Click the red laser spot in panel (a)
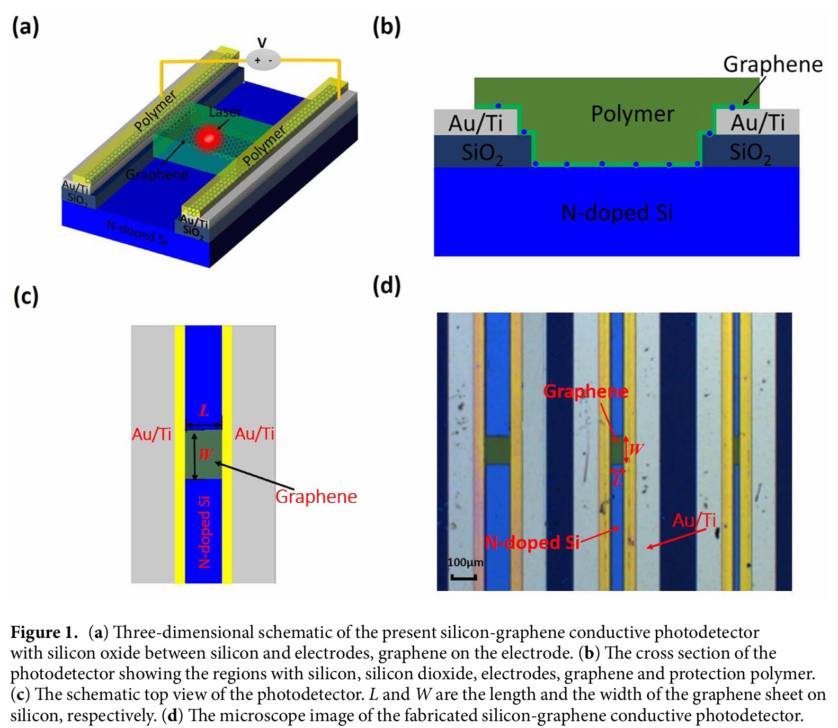click(x=207, y=138)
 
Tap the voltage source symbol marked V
click(x=263, y=59)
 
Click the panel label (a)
click(x=25, y=26)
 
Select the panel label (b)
click(x=387, y=26)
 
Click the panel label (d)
click(x=387, y=286)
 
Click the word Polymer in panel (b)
click(x=632, y=114)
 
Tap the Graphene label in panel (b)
click(x=772, y=65)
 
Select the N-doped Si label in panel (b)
click(x=617, y=213)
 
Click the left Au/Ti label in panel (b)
click(x=475, y=123)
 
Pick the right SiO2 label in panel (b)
click(x=750, y=153)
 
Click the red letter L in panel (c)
click(x=204, y=411)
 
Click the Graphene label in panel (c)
click(x=316, y=496)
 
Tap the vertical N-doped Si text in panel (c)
click(x=204, y=532)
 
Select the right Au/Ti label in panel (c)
click(x=255, y=434)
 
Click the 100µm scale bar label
click(x=465, y=562)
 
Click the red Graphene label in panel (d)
click(x=586, y=392)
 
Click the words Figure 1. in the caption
click(x=44, y=632)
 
